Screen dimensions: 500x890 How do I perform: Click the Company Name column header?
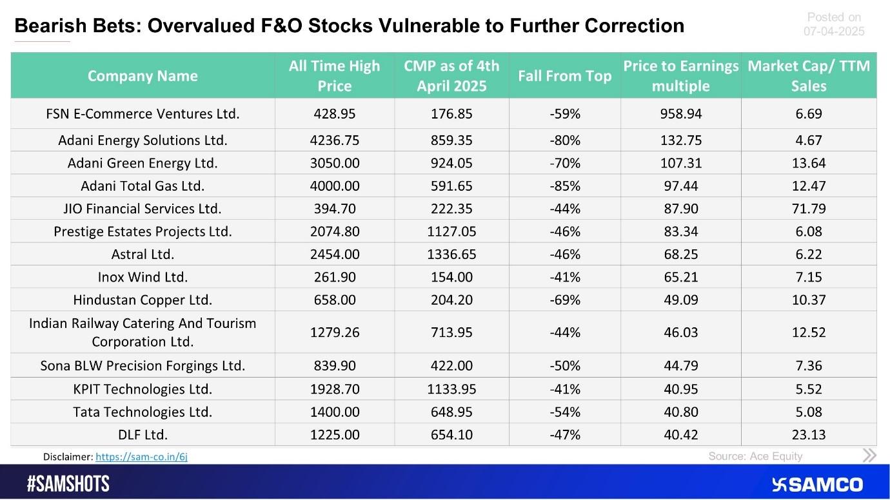143,76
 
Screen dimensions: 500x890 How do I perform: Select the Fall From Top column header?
564,76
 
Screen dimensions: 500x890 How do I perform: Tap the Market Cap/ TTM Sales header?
809,76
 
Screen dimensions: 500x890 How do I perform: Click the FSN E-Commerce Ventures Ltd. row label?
143,114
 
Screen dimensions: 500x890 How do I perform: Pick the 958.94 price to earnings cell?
680,114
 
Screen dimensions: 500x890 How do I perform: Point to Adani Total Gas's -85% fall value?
564,186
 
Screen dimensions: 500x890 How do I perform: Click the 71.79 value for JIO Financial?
809,209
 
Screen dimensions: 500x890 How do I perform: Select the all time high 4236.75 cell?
334,140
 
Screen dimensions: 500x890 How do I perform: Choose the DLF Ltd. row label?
143,435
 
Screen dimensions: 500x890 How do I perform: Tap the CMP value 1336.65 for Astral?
451,255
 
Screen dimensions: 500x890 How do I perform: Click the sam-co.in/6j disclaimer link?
141,457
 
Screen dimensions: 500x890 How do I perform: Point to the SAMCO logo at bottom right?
817,485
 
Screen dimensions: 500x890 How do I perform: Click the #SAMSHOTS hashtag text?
68,485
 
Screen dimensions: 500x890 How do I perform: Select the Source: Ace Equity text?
755,456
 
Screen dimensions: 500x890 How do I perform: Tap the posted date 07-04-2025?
834,31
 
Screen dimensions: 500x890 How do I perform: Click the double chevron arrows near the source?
869,456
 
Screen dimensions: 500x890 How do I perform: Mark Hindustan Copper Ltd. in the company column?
143,300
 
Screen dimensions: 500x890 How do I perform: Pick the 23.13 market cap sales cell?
809,435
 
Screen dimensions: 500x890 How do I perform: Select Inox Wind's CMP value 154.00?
451,277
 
